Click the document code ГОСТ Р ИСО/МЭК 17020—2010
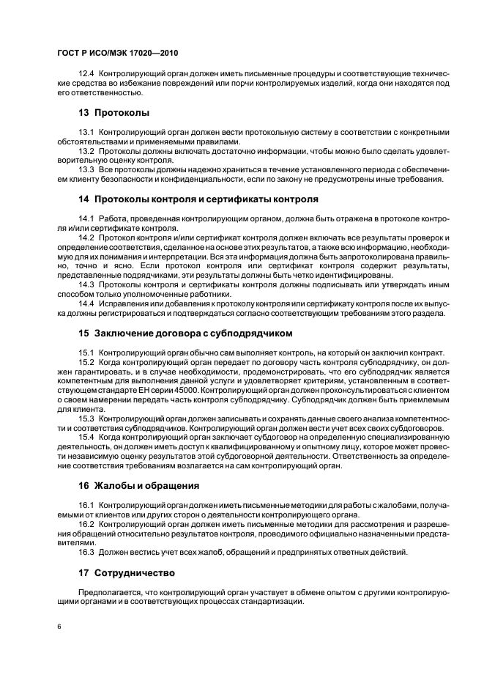(118, 54)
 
